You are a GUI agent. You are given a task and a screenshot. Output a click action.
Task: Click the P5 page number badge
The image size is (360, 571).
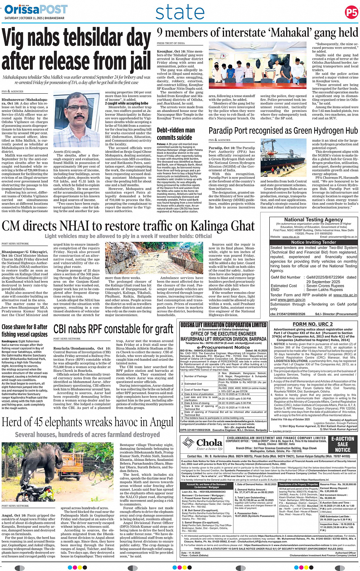[x=351, y=13]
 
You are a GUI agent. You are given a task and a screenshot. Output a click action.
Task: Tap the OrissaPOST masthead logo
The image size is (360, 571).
[x=36, y=9]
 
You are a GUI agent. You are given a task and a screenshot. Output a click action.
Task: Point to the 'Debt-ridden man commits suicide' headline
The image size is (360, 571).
[x=176, y=134]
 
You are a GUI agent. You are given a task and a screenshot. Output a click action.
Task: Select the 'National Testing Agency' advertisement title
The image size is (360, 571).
[x=314, y=219]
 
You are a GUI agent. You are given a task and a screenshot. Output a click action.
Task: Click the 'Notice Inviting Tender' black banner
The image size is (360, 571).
[x=314, y=242]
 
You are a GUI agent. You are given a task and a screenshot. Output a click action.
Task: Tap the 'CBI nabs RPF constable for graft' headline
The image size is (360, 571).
[x=113, y=329]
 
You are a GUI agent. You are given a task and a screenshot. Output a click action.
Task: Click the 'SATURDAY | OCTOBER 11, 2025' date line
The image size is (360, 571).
[x=34, y=18]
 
